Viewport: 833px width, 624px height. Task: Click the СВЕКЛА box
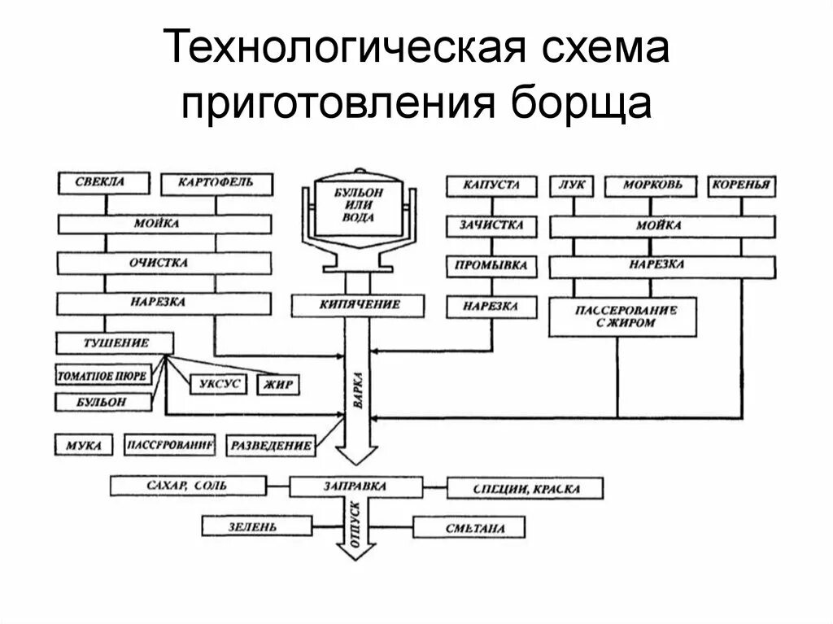[x=103, y=183]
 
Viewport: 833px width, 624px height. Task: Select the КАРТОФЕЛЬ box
[x=216, y=183]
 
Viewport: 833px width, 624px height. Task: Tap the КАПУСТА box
[x=491, y=185]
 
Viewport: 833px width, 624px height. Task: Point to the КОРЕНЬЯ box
[x=740, y=185]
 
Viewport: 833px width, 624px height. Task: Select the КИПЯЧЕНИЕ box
[x=358, y=305]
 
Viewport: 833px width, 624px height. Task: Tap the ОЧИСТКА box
[x=163, y=263]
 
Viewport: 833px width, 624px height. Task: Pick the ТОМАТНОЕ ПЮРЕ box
[x=103, y=376]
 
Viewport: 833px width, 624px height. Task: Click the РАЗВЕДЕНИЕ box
[x=271, y=445]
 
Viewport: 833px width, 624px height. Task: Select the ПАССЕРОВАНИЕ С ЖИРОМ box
[x=625, y=316]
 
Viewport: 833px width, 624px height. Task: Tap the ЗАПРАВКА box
[x=355, y=487]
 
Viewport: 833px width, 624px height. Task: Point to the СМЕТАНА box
[x=469, y=528]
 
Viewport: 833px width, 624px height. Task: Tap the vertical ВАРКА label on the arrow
[x=358, y=391]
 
